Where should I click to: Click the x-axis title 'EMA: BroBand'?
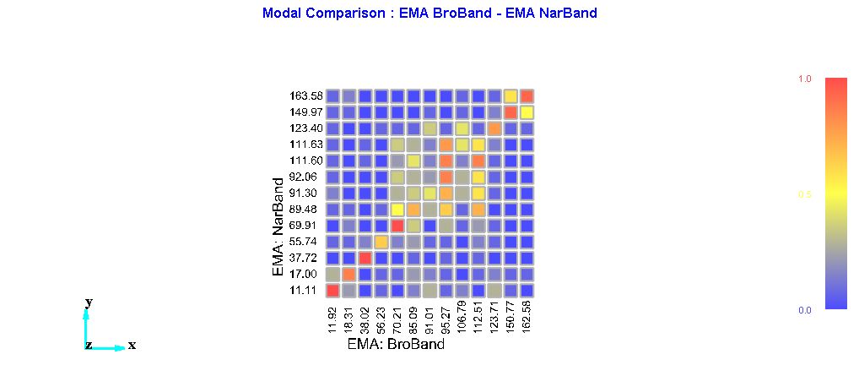[396, 344]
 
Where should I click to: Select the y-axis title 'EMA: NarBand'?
[278, 226]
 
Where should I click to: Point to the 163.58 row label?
[303, 96]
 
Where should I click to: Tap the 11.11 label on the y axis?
[303, 291]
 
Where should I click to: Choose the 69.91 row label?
[303, 226]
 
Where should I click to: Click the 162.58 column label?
[527, 317]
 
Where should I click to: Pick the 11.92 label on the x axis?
[332, 317]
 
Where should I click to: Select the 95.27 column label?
[446, 317]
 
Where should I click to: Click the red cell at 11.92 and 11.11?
[332, 291]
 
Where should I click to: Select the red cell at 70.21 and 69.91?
[397, 226]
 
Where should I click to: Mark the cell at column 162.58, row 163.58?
[527, 96]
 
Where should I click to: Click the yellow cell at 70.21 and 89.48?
[397, 210]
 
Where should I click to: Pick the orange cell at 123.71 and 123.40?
[494, 128]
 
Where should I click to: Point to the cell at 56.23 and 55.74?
[381, 242]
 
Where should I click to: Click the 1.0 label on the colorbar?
[804, 79]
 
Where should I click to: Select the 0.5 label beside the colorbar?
[804, 195]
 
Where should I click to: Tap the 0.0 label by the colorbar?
[804, 311]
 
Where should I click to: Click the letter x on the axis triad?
[132, 346]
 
